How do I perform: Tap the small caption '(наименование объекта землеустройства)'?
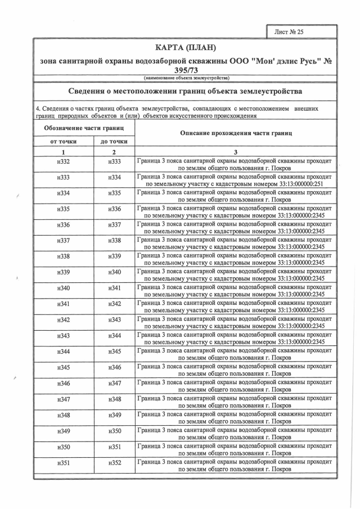tap(185, 78)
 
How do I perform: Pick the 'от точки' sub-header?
tap(63, 142)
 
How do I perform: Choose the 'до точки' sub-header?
tap(114, 142)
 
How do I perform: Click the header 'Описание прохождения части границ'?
tap(236, 133)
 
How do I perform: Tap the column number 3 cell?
tap(236, 152)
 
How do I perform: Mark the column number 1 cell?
tap(63, 152)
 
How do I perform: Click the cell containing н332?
tap(63, 162)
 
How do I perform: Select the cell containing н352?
tap(114, 463)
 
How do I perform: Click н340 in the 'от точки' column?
tap(63, 289)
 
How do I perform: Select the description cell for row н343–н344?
tap(236, 336)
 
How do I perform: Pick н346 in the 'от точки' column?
tap(63, 384)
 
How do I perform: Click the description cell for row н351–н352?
tap(236, 463)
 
